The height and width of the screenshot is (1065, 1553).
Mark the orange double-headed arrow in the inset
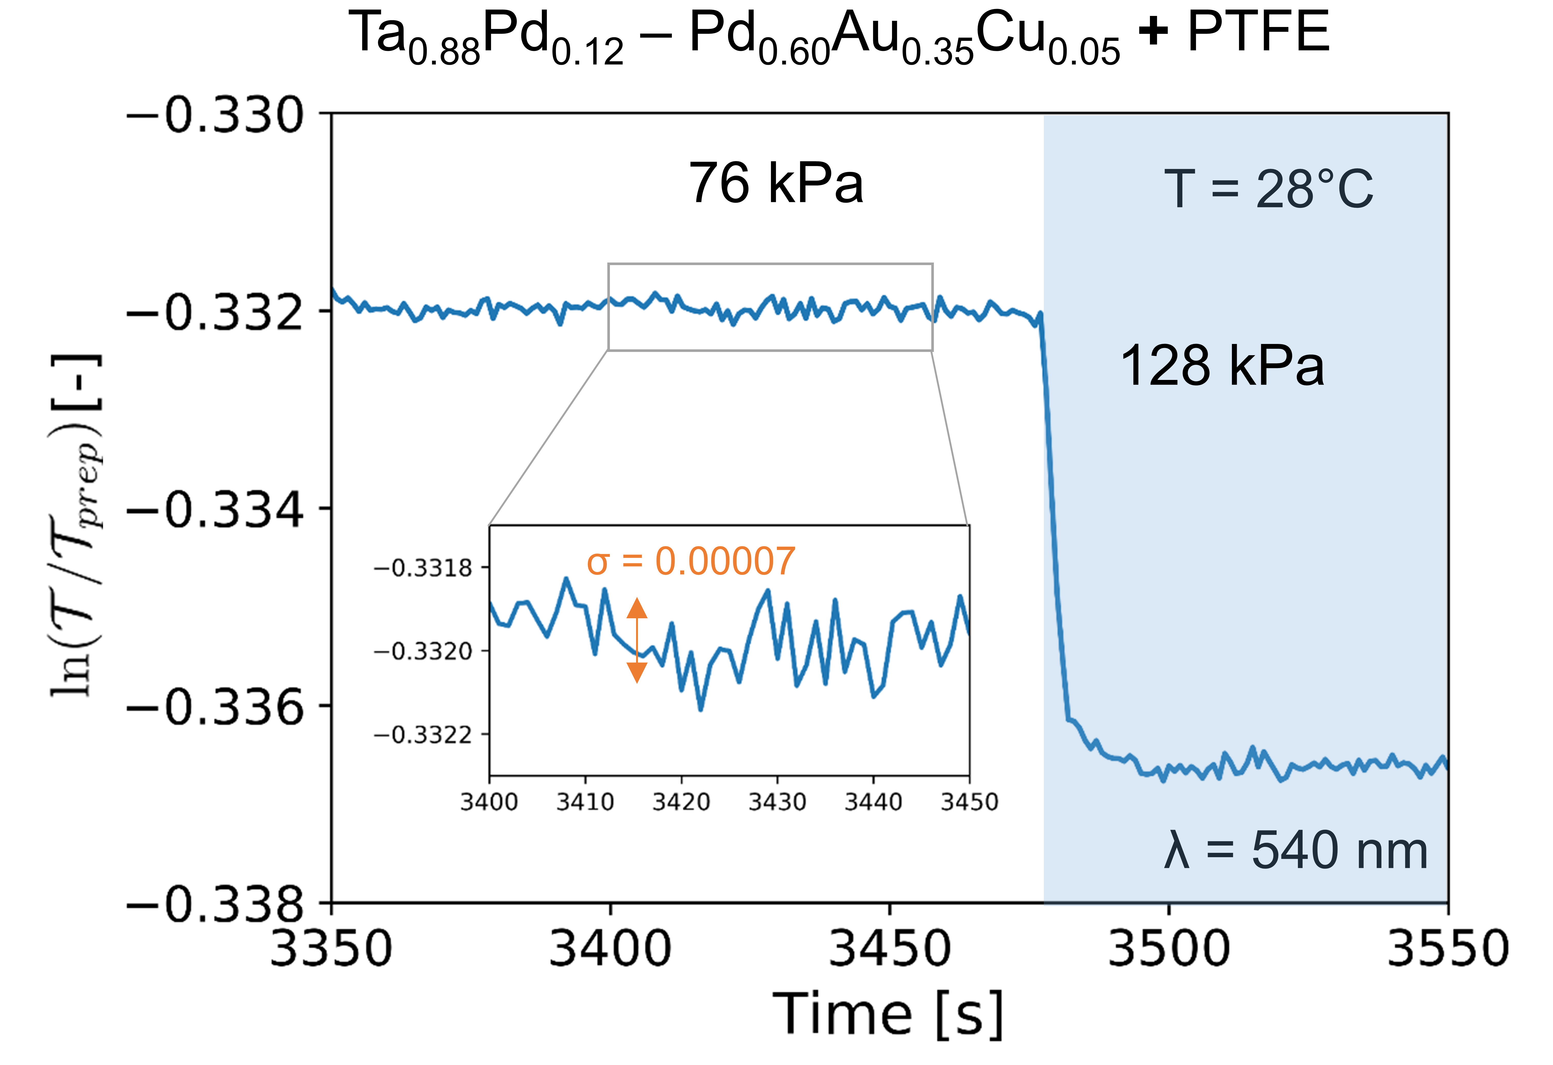tap(637, 640)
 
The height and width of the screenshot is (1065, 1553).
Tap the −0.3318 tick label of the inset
tap(424, 568)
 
